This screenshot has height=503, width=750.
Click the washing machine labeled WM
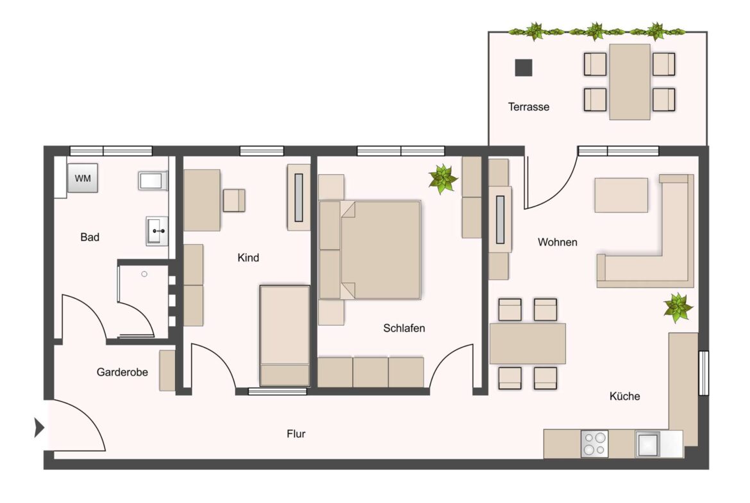coord(83,178)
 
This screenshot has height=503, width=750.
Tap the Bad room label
coord(90,237)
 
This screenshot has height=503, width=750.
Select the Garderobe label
coord(122,372)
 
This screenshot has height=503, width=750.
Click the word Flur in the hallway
coord(296,434)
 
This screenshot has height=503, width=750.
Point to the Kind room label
coord(248,258)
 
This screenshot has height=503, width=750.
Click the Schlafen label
coord(404,328)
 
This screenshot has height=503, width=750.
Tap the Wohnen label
coord(557,242)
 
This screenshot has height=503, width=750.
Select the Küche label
coord(624,396)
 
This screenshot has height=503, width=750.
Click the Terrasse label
coord(528,107)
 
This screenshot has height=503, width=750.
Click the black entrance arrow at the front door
coord(39,427)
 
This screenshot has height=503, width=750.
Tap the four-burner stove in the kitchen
coord(594,443)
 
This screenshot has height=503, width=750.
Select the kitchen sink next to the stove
coord(647,443)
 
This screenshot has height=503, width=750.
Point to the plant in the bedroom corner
coord(442,179)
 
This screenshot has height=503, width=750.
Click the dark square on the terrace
coord(524,67)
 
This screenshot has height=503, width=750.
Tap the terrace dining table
coord(629,81)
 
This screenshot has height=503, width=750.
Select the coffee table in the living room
coord(621,195)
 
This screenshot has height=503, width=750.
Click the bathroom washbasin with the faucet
coord(156,230)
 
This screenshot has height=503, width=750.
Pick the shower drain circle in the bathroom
coord(144,274)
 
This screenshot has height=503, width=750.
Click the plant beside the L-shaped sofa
coord(678,307)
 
